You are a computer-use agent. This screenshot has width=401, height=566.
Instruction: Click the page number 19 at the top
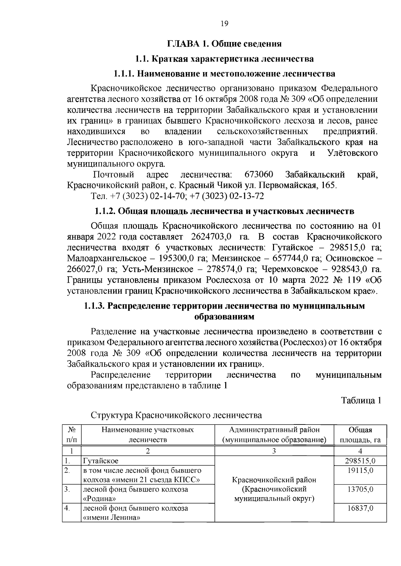click(224, 23)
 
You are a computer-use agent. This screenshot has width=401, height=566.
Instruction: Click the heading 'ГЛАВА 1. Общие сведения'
click(224, 44)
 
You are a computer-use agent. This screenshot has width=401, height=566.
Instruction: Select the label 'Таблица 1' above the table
click(361, 400)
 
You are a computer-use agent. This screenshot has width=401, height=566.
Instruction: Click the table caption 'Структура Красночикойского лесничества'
click(176, 415)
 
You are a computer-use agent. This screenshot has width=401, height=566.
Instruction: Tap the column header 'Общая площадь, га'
click(360, 435)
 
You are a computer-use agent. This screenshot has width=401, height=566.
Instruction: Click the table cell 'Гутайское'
click(101, 461)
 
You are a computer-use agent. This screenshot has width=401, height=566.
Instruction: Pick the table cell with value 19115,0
click(360, 471)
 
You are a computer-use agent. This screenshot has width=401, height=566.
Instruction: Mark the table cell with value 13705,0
click(360, 489)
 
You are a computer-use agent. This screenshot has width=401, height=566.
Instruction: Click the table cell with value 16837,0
click(360, 508)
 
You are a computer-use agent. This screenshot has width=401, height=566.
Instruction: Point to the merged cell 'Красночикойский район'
click(274, 480)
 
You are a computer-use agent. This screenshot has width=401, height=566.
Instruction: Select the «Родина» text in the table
click(100, 499)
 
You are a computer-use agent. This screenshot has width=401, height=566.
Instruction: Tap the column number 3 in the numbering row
click(274, 451)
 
